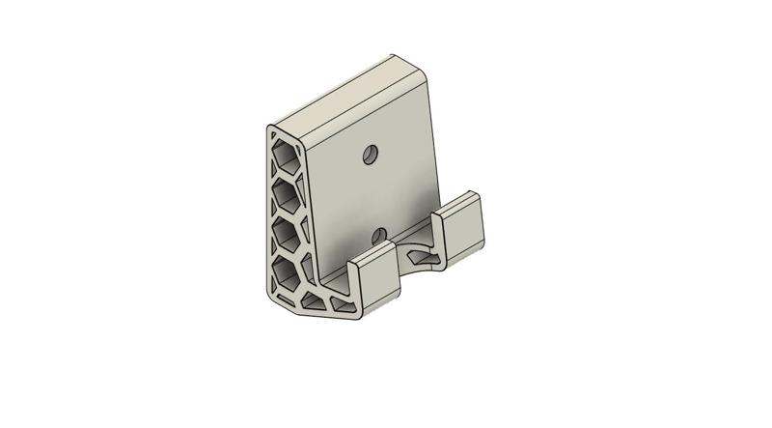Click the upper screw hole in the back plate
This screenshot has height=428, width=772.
[x=370, y=154]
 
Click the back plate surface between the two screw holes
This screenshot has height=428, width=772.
[x=374, y=194]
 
